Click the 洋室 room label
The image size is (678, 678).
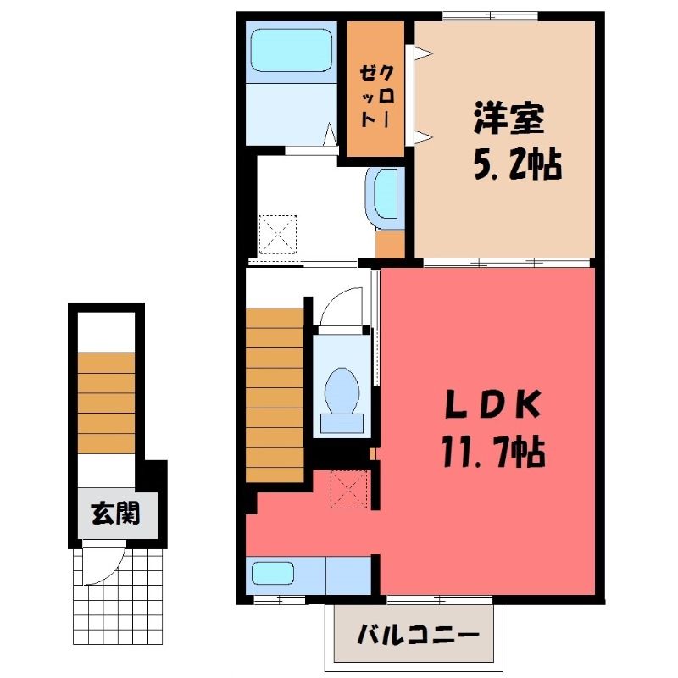[x=508, y=119]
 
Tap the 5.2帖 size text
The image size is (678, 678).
[x=518, y=164]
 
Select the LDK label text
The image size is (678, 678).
[x=493, y=404]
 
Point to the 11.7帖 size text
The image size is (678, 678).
[x=493, y=452]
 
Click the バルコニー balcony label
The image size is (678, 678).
[x=418, y=635]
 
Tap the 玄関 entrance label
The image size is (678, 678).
[x=116, y=514]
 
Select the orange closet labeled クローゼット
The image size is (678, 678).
[x=375, y=89]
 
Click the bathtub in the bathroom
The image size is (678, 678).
[x=292, y=50]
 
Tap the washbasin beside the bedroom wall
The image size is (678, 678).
[x=382, y=198]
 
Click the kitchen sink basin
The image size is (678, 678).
[x=273, y=574]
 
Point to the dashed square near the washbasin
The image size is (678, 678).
[x=278, y=235]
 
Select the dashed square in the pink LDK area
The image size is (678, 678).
[x=349, y=489]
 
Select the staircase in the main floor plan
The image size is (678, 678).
[x=275, y=395]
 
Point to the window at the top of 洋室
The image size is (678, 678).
[x=491, y=16]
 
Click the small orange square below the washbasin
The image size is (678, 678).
[x=389, y=244]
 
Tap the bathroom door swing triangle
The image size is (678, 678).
[x=331, y=134]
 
